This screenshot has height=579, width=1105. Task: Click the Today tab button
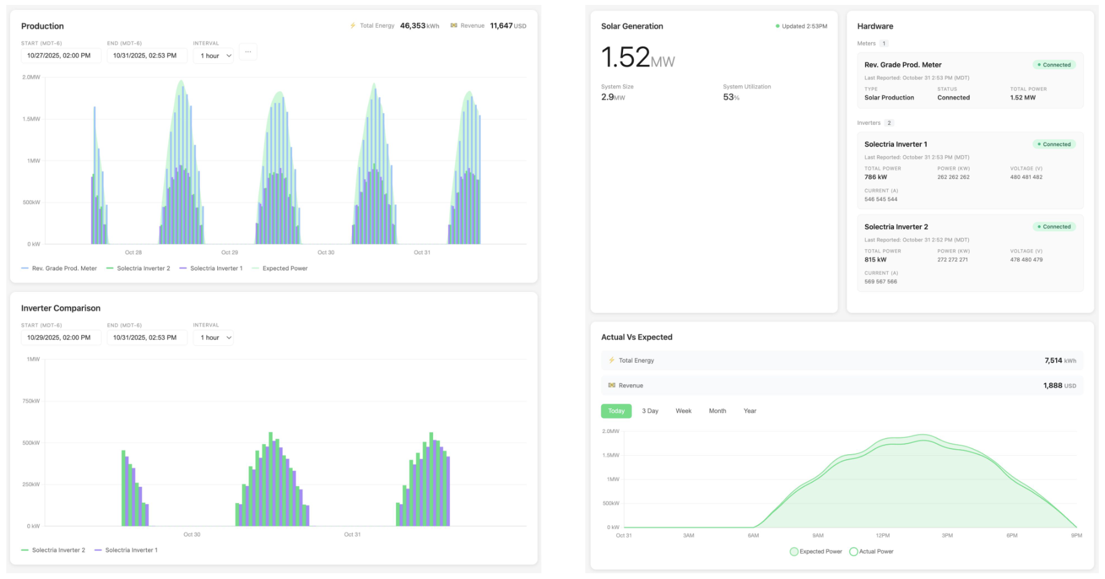coord(616,411)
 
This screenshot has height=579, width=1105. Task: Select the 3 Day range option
coord(650,411)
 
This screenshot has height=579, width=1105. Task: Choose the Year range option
coord(749,411)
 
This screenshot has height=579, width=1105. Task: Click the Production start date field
coord(61,56)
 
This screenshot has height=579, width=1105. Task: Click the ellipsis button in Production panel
coord(247,52)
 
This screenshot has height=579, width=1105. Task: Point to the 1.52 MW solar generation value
coord(637,58)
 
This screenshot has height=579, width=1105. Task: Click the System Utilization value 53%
coord(731,97)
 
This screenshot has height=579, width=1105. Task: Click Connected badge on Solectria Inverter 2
coord(1055,227)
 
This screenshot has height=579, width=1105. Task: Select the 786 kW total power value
coord(875,177)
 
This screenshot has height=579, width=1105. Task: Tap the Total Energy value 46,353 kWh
coord(419,26)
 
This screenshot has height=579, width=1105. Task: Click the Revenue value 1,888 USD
coord(1059,385)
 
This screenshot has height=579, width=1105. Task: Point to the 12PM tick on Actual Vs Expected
coord(882,536)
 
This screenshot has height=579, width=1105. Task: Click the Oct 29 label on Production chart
coord(230,252)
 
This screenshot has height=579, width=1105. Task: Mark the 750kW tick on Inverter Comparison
coord(31,401)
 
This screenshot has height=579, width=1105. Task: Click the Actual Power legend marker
coord(854,552)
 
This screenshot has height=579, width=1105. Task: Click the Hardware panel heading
coord(875,26)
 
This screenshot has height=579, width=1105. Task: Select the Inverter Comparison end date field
coord(146,338)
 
